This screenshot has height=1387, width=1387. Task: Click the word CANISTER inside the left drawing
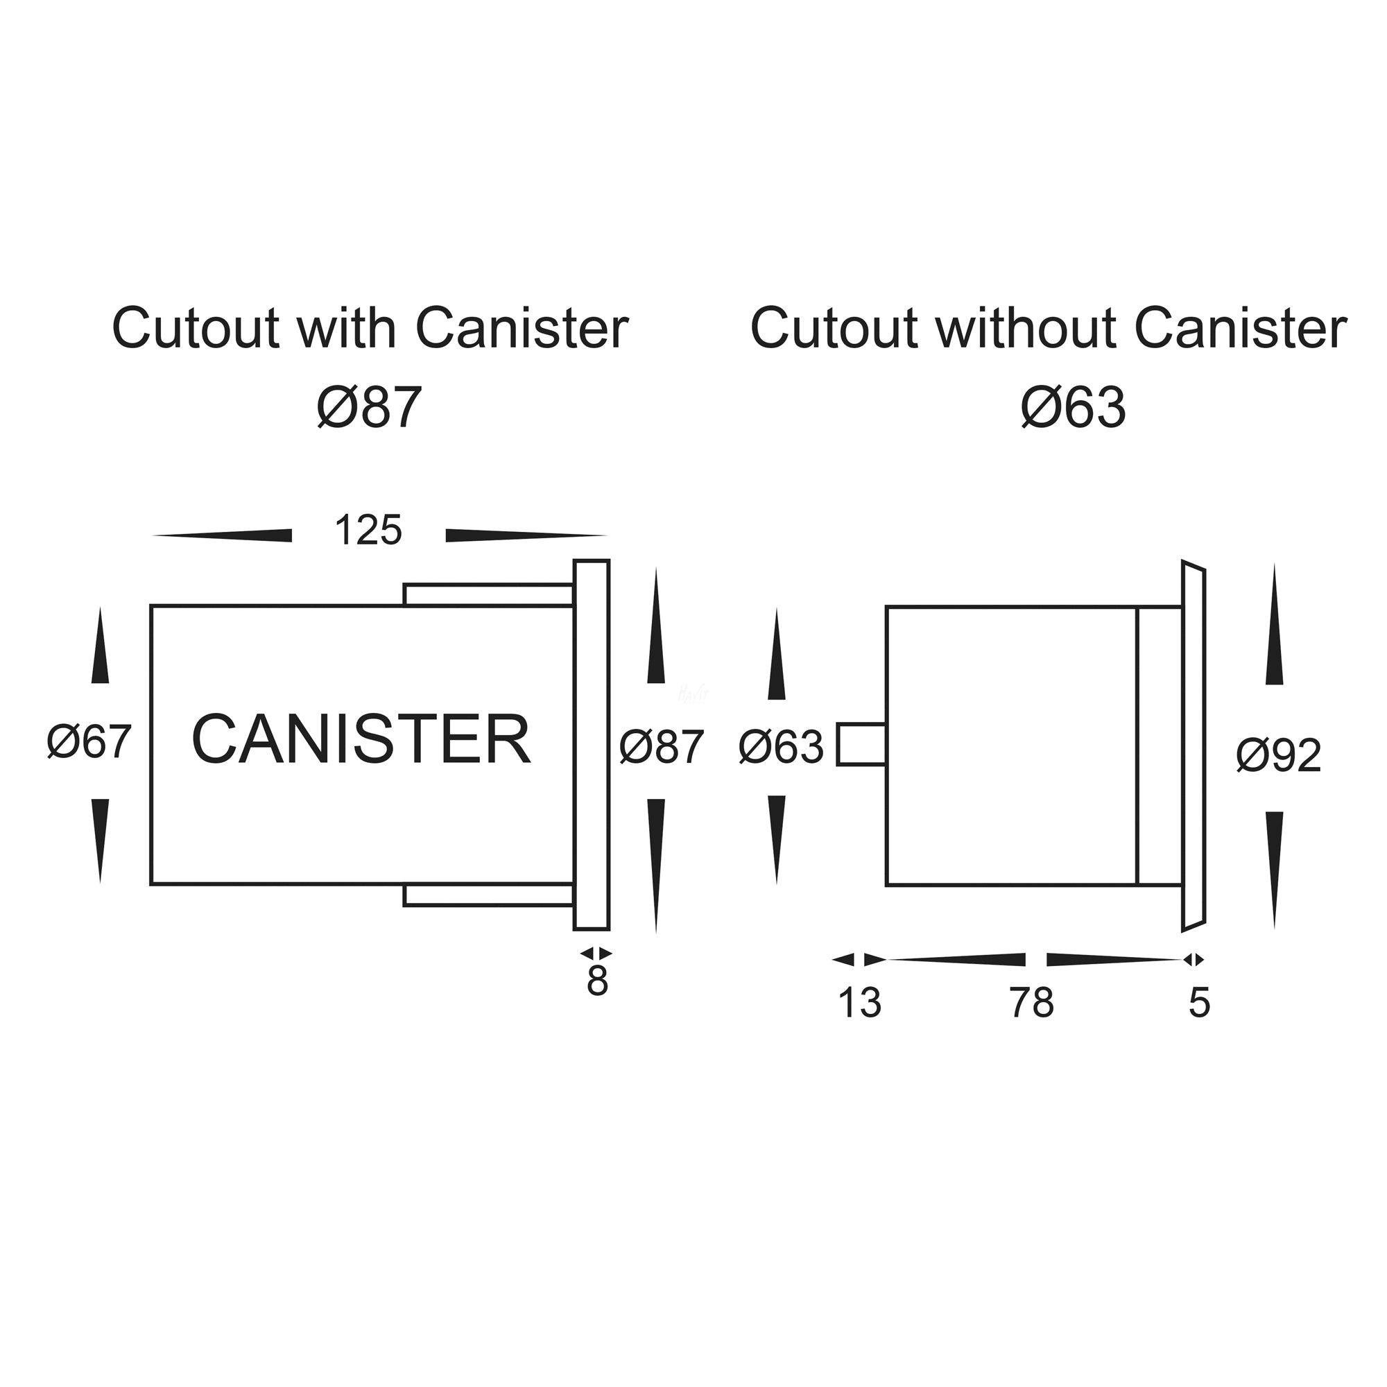pyautogui.click(x=361, y=739)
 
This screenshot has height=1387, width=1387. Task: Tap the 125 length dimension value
pyautogui.click(x=368, y=531)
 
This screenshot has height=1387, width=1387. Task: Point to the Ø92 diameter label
pyautogui.click(x=1279, y=756)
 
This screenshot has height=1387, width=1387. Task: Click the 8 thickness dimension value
pyautogui.click(x=597, y=982)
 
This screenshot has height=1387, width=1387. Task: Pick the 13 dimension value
pyautogui.click(x=859, y=1003)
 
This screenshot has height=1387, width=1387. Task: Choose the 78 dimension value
pyautogui.click(x=1032, y=1003)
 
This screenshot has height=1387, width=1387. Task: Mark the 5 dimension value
pyautogui.click(x=1200, y=1003)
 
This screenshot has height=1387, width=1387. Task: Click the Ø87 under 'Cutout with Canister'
pyautogui.click(x=369, y=408)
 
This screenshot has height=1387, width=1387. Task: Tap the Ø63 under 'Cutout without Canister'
pyautogui.click(x=1074, y=408)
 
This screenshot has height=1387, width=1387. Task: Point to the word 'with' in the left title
pyautogui.click(x=347, y=329)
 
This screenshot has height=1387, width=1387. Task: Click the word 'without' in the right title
pyautogui.click(x=1026, y=329)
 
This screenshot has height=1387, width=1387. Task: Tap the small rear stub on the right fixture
pyautogui.click(x=861, y=746)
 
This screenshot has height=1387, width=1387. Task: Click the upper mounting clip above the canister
pyautogui.click(x=488, y=595)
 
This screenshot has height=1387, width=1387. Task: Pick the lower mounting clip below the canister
pyautogui.click(x=488, y=895)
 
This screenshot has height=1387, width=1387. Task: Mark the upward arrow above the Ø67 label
pyautogui.click(x=100, y=646)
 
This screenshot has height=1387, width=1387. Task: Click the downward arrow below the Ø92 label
pyautogui.click(x=1274, y=869)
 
